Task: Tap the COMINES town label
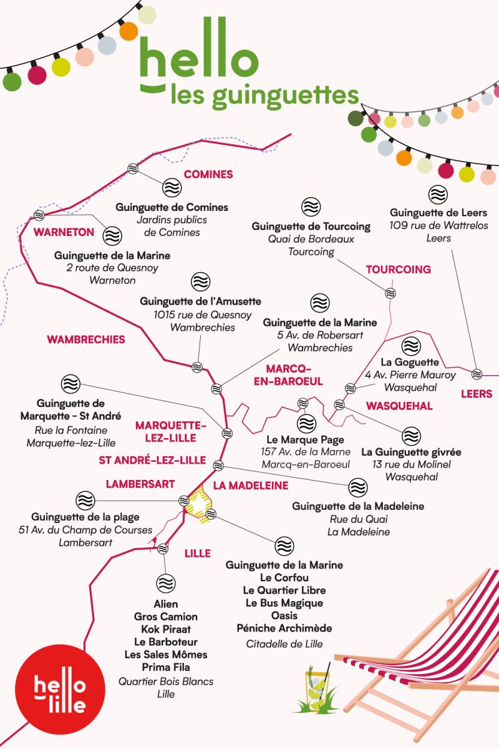pos(208,175)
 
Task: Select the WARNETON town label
pos(64,232)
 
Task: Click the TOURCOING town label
pos(398,270)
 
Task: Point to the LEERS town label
pos(477,394)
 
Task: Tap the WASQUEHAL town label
pos(399,406)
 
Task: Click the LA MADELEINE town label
pos(250,485)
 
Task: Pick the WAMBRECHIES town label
pos(86,340)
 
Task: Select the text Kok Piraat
pos(165,629)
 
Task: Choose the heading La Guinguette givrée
pos(411,452)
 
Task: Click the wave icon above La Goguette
pos(411,345)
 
